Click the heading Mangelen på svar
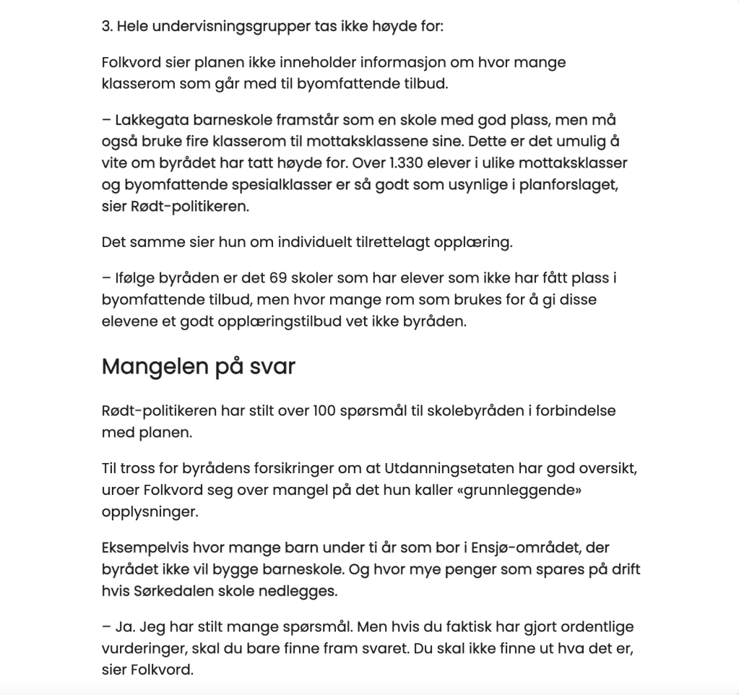tap(199, 366)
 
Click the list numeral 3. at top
tap(108, 27)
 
